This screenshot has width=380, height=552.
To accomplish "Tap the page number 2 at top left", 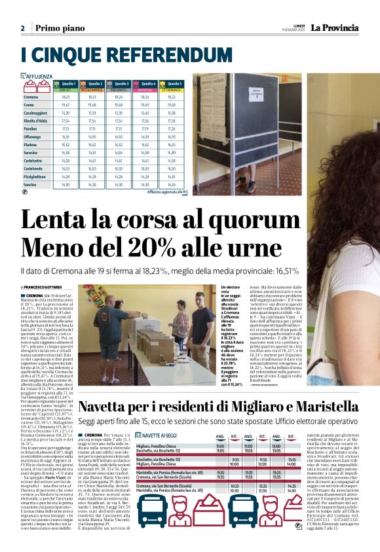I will [22, 28].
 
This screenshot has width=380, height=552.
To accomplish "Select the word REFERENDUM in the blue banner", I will [127, 54].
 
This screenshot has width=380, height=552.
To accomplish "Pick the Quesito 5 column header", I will [174, 84].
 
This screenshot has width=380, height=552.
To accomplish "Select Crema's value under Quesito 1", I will [66, 105].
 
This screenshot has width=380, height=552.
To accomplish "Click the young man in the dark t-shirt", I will [181, 328].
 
